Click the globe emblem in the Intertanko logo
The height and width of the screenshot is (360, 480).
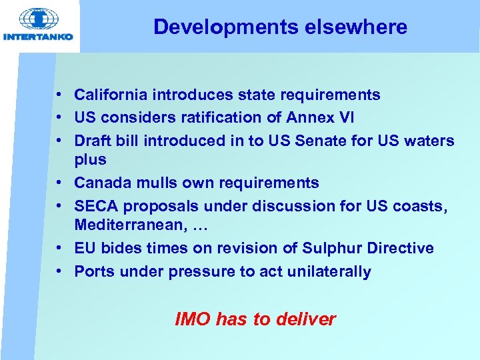[x=38, y=19]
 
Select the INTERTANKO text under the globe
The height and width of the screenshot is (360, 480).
[x=38, y=37]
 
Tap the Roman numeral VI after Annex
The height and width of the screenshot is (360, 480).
[x=346, y=117]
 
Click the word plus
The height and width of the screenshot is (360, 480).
[x=91, y=160]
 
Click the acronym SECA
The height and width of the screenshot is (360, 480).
[x=96, y=206]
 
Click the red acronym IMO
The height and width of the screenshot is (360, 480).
[x=193, y=319]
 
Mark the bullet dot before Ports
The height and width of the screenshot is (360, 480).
[x=60, y=271]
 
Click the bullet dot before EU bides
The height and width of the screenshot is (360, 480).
[x=60, y=248]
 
